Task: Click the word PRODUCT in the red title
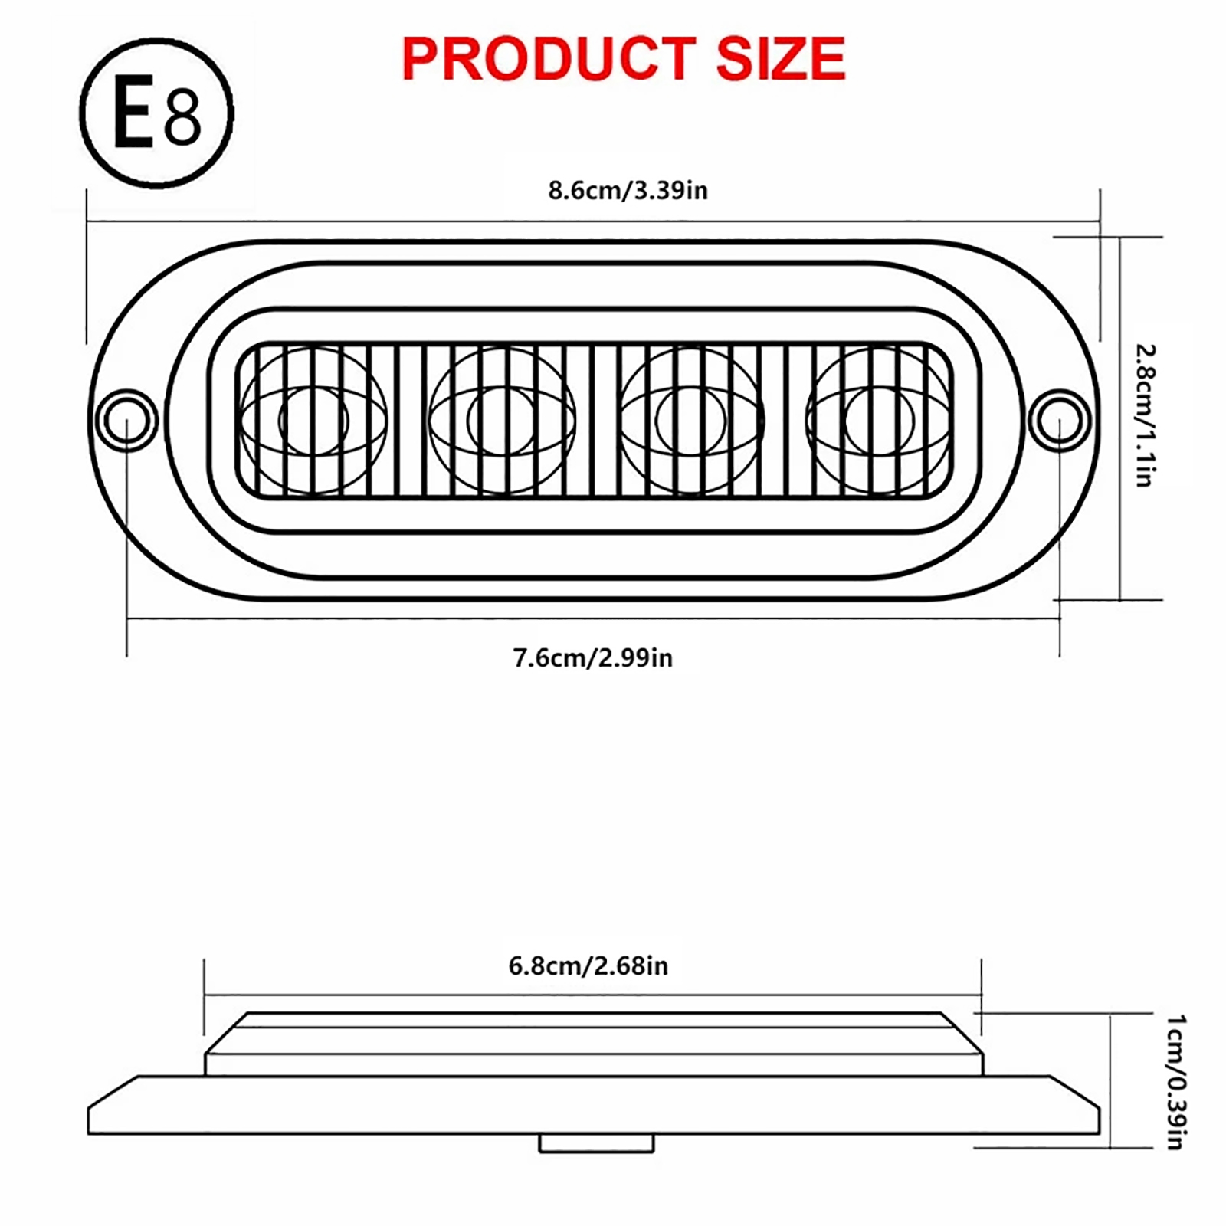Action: [x=549, y=59]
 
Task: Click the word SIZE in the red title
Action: [x=781, y=59]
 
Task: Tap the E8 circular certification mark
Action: [x=156, y=113]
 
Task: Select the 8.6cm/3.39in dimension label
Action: [x=628, y=190]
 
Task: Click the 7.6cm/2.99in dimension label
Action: [x=593, y=657]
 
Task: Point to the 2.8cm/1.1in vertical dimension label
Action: [x=1145, y=416]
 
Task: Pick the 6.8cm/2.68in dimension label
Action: [x=588, y=965]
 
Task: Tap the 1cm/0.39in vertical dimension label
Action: [x=1176, y=1082]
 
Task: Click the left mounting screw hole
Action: [x=126, y=421]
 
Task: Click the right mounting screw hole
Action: [x=1060, y=421]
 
